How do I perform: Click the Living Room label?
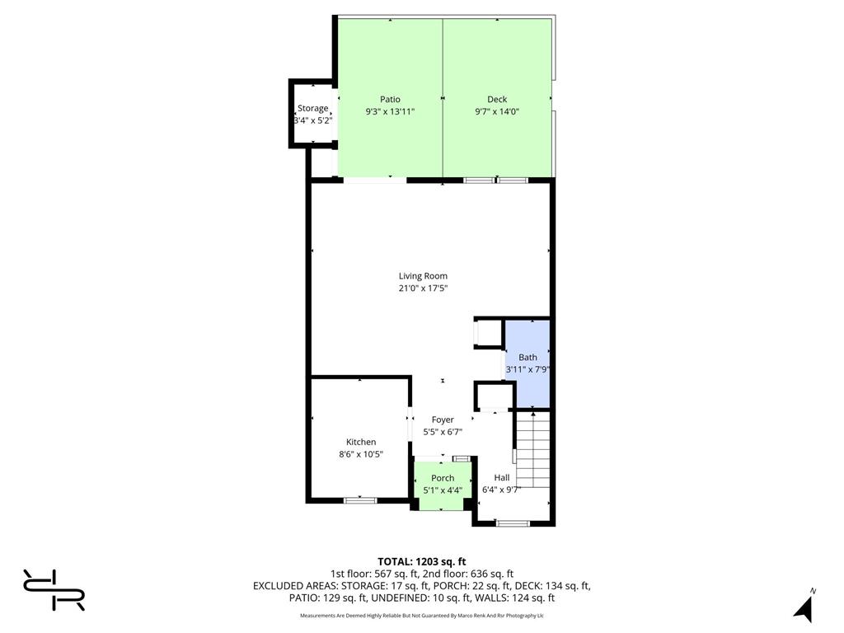[423, 276]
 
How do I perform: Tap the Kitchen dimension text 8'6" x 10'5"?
[361, 454]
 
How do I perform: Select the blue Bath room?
[527, 363]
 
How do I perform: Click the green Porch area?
[443, 485]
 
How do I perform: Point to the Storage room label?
[312, 108]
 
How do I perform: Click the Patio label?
[390, 99]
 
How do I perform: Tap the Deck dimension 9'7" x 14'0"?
[497, 112]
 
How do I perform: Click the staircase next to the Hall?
[533, 449]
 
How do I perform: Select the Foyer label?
[443, 420]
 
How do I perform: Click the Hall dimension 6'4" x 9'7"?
[502, 490]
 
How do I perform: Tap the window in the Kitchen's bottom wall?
[360, 500]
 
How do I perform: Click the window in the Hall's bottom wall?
[513, 523]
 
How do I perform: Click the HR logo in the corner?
[54, 590]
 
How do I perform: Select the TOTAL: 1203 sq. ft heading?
[421, 562]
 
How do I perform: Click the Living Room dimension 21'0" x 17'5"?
[423, 288]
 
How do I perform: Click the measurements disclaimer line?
[421, 615]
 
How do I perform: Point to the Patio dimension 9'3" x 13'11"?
[390, 112]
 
